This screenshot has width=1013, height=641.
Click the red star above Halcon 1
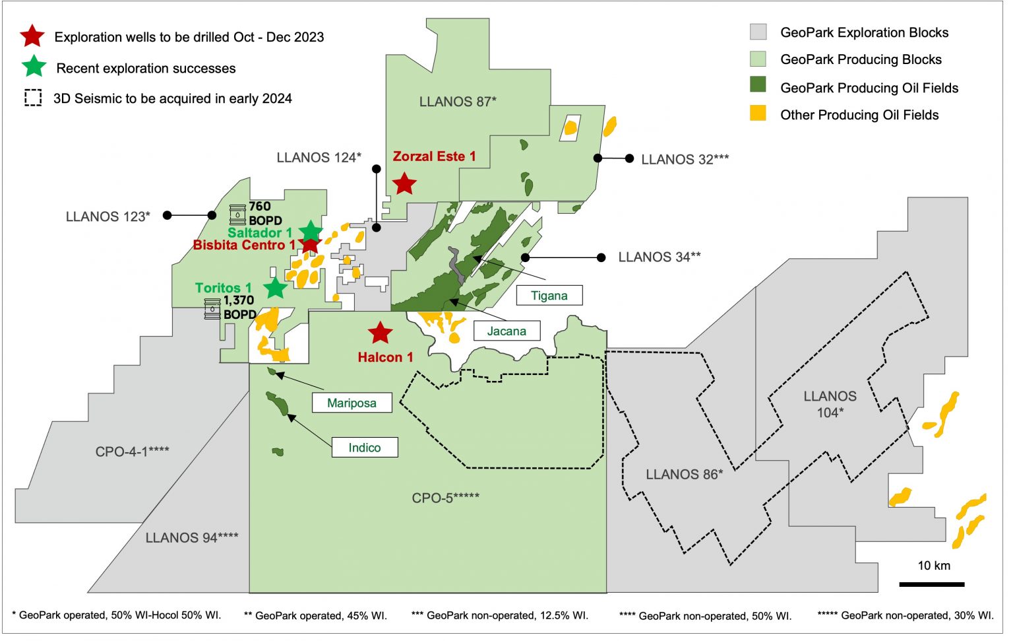(x=380, y=333)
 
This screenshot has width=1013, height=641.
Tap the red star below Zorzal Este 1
(x=404, y=184)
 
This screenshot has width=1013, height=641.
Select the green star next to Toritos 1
(x=275, y=288)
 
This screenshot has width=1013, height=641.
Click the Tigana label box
(x=549, y=296)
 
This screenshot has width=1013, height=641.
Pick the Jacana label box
(x=506, y=331)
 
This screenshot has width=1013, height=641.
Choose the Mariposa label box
(x=352, y=403)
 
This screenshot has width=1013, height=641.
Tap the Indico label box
(x=364, y=448)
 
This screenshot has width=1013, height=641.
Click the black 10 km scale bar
(x=931, y=584)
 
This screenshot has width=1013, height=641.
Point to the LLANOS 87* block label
(x=458, y=102)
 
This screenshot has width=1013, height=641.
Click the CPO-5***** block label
(x=445, y=498)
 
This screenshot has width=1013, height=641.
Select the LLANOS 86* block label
(x=684, y=474)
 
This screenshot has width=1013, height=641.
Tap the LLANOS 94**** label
(x=192, y=538)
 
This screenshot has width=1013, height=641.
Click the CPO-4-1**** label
(x=132, y=452)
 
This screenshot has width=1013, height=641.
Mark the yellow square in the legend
(x=758, y=114)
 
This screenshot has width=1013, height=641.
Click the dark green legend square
(x=758, y=86)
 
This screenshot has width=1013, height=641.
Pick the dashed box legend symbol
(x=33, y=98)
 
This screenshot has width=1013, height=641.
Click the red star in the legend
(x=32, y=37)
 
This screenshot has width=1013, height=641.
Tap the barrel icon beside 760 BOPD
(x=237, y=215)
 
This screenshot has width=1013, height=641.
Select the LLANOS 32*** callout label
(x=685, y=159)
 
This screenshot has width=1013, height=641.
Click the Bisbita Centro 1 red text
(x=244, y=246)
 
